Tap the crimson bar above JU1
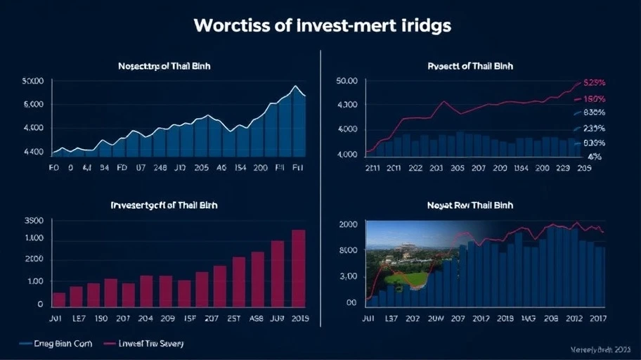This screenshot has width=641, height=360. click(x=59, y=300)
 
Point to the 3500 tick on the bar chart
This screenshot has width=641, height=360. click(x=34, y=221)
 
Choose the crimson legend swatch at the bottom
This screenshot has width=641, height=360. click(x=109, y=344)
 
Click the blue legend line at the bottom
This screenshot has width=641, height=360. click(x=26, y=344)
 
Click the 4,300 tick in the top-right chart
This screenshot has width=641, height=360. click(x=347, y=105)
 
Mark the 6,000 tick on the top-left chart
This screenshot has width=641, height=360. click(x=34, y=104)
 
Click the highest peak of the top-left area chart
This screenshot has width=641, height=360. click(x=296, y=86)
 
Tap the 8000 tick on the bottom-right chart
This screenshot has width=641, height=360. click(x=347, y=250)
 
